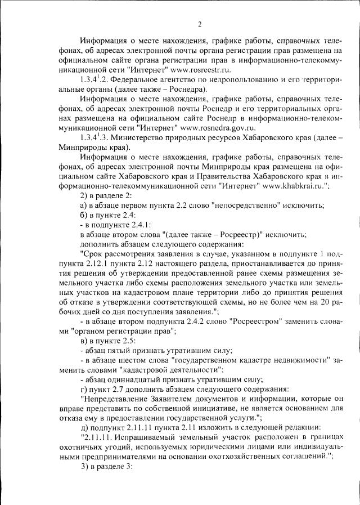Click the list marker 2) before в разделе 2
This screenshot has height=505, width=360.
84,194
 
